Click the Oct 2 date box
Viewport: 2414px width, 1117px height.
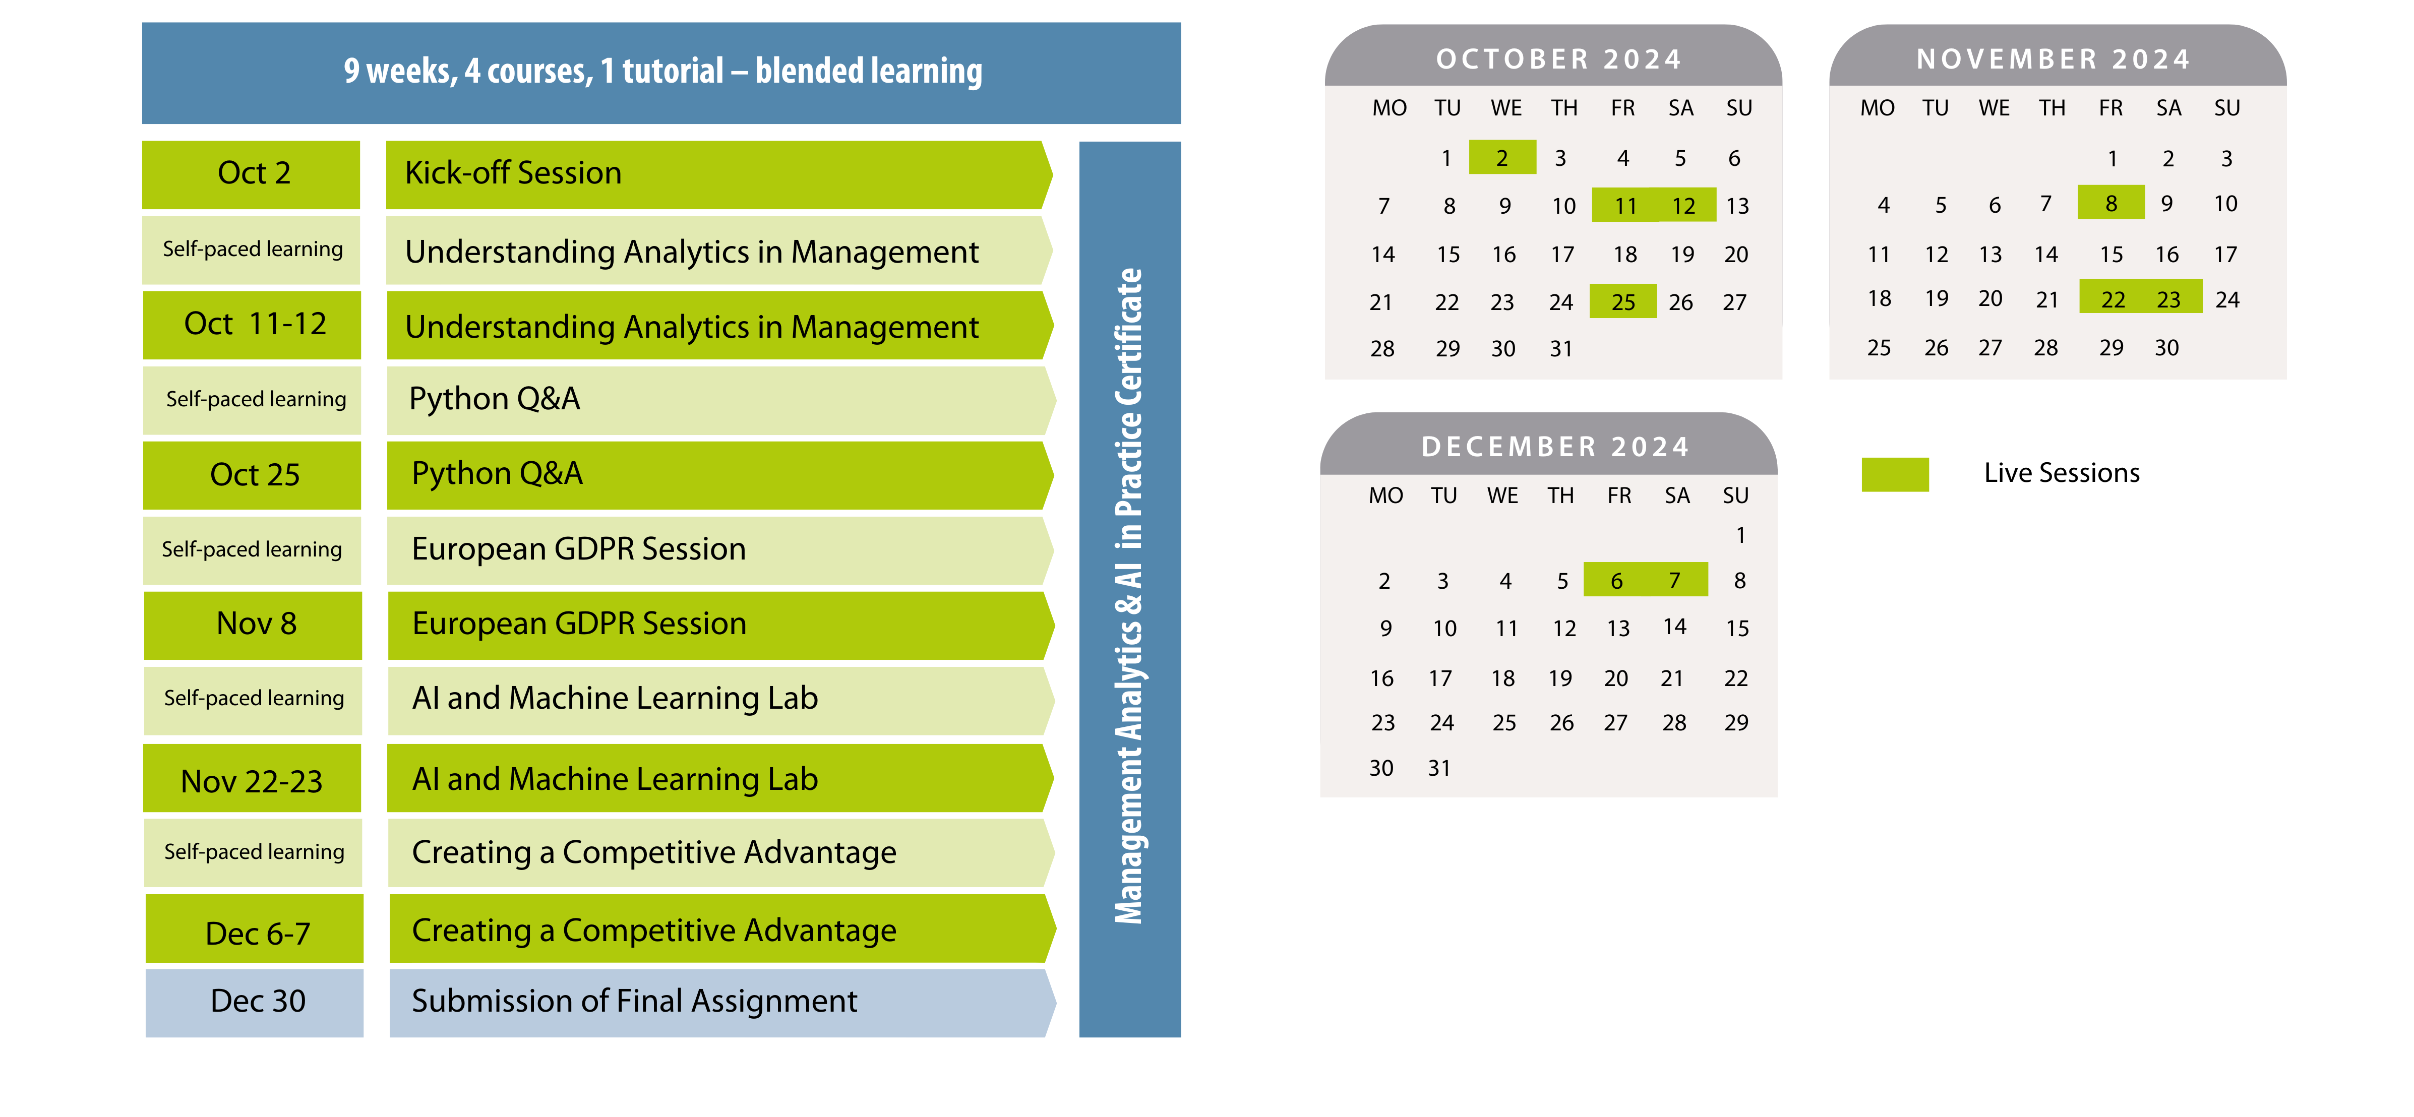[x=251, y=174]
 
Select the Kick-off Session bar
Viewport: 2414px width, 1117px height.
[x=719, y=174]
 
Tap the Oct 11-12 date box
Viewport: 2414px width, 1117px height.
[x=252, y=325]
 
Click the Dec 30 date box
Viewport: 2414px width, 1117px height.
[x=255, y=1003]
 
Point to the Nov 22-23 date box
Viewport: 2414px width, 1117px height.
[x=252, y=779]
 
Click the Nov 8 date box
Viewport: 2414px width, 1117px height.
[x=253, y=625]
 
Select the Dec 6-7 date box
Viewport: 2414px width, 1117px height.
[x=255, y=928]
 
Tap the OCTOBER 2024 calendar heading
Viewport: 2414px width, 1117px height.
[x=1558, y=59]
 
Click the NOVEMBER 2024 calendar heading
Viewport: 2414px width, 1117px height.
[x=2054, y=59]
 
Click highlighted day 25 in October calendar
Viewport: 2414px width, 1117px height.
[x=1623, y=302]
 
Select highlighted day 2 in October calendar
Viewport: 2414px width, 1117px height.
[x=1502, y=157]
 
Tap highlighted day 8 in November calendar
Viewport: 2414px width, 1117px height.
[x=2111, y=203]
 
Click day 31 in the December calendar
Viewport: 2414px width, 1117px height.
[x=1439, y=768]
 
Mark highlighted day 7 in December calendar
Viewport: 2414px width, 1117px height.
[x=1675, y=580]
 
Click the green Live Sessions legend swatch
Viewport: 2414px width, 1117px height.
[x=1895, y=474]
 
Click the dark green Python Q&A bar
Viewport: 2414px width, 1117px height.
[x=719, y=475]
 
